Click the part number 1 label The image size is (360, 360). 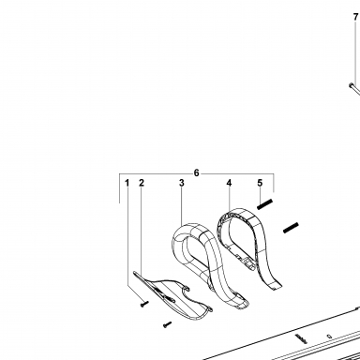point(127,183)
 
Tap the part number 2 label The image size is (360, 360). point(142,183)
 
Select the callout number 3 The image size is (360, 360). point(182,183)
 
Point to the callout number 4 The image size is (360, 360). point(229,183)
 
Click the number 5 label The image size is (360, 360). point(260,183)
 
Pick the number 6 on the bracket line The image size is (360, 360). point(196,172)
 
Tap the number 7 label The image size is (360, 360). point(355,17)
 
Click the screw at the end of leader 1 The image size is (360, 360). point(144,304)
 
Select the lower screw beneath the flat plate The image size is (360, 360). point(167,324)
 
